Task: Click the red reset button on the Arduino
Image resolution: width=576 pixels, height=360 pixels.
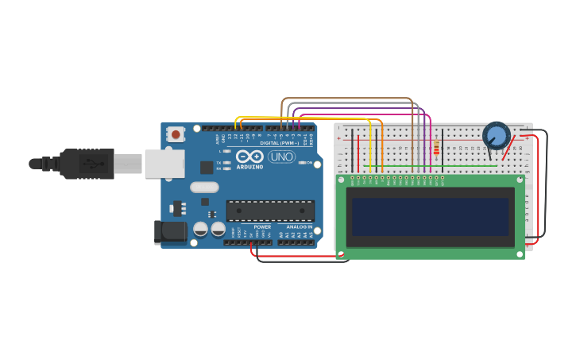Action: (x=176, y=134)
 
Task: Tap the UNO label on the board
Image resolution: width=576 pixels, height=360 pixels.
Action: (x=281, y=157)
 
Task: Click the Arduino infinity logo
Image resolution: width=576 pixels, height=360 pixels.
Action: (x=249, y=157)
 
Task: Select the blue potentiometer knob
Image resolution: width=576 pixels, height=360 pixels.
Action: (x=497, y=135)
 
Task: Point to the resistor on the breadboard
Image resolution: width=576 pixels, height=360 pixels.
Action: (x=435, y=148)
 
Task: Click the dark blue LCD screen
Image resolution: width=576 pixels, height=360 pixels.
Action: (x=430, y=217)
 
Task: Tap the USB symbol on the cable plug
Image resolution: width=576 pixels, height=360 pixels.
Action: (x=94, y=164)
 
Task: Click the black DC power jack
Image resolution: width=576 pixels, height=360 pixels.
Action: (x=169, y=231)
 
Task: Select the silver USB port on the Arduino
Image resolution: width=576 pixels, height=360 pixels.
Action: (x=164, y=163)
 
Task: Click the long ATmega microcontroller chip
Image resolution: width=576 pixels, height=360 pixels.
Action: (x=270, y=211)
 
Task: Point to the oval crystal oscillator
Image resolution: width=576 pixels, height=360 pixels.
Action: (x=204, y=188)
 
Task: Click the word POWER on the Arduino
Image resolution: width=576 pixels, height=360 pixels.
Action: (x=262, y=226)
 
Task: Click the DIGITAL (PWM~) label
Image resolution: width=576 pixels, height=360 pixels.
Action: (x=279, y=143)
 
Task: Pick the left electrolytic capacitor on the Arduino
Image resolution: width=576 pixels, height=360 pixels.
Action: (x=201, y=229)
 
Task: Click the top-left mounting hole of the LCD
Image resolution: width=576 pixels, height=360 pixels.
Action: (x=341, y=180)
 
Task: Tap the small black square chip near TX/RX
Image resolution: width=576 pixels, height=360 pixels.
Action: (x=207, y=167)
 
